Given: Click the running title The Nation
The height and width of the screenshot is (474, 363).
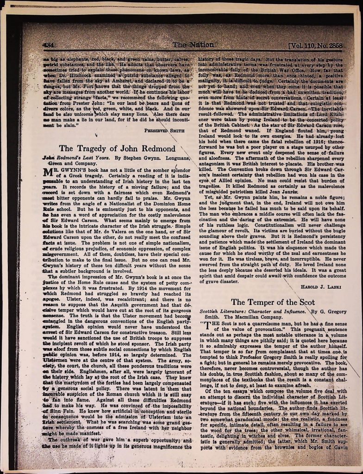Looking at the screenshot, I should (193, 45).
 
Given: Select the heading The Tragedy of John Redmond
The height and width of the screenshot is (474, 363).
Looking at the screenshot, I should (117, 149).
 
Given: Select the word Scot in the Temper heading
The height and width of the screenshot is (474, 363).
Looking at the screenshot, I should (304, 302).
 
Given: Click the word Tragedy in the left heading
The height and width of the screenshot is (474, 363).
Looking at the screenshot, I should (91, 149).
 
